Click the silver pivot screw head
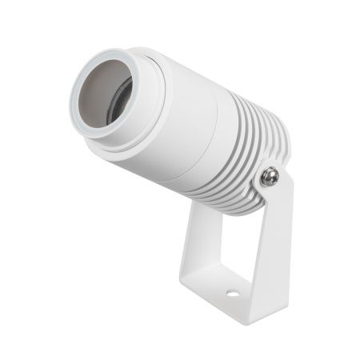(270, 176)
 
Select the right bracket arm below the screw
(276, 240)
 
